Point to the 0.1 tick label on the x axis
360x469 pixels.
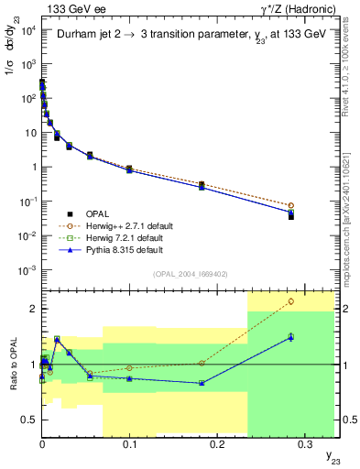tap(129, 443)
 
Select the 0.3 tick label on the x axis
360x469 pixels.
tap(304, 443)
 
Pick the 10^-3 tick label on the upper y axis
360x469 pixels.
tap(27, 269)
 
